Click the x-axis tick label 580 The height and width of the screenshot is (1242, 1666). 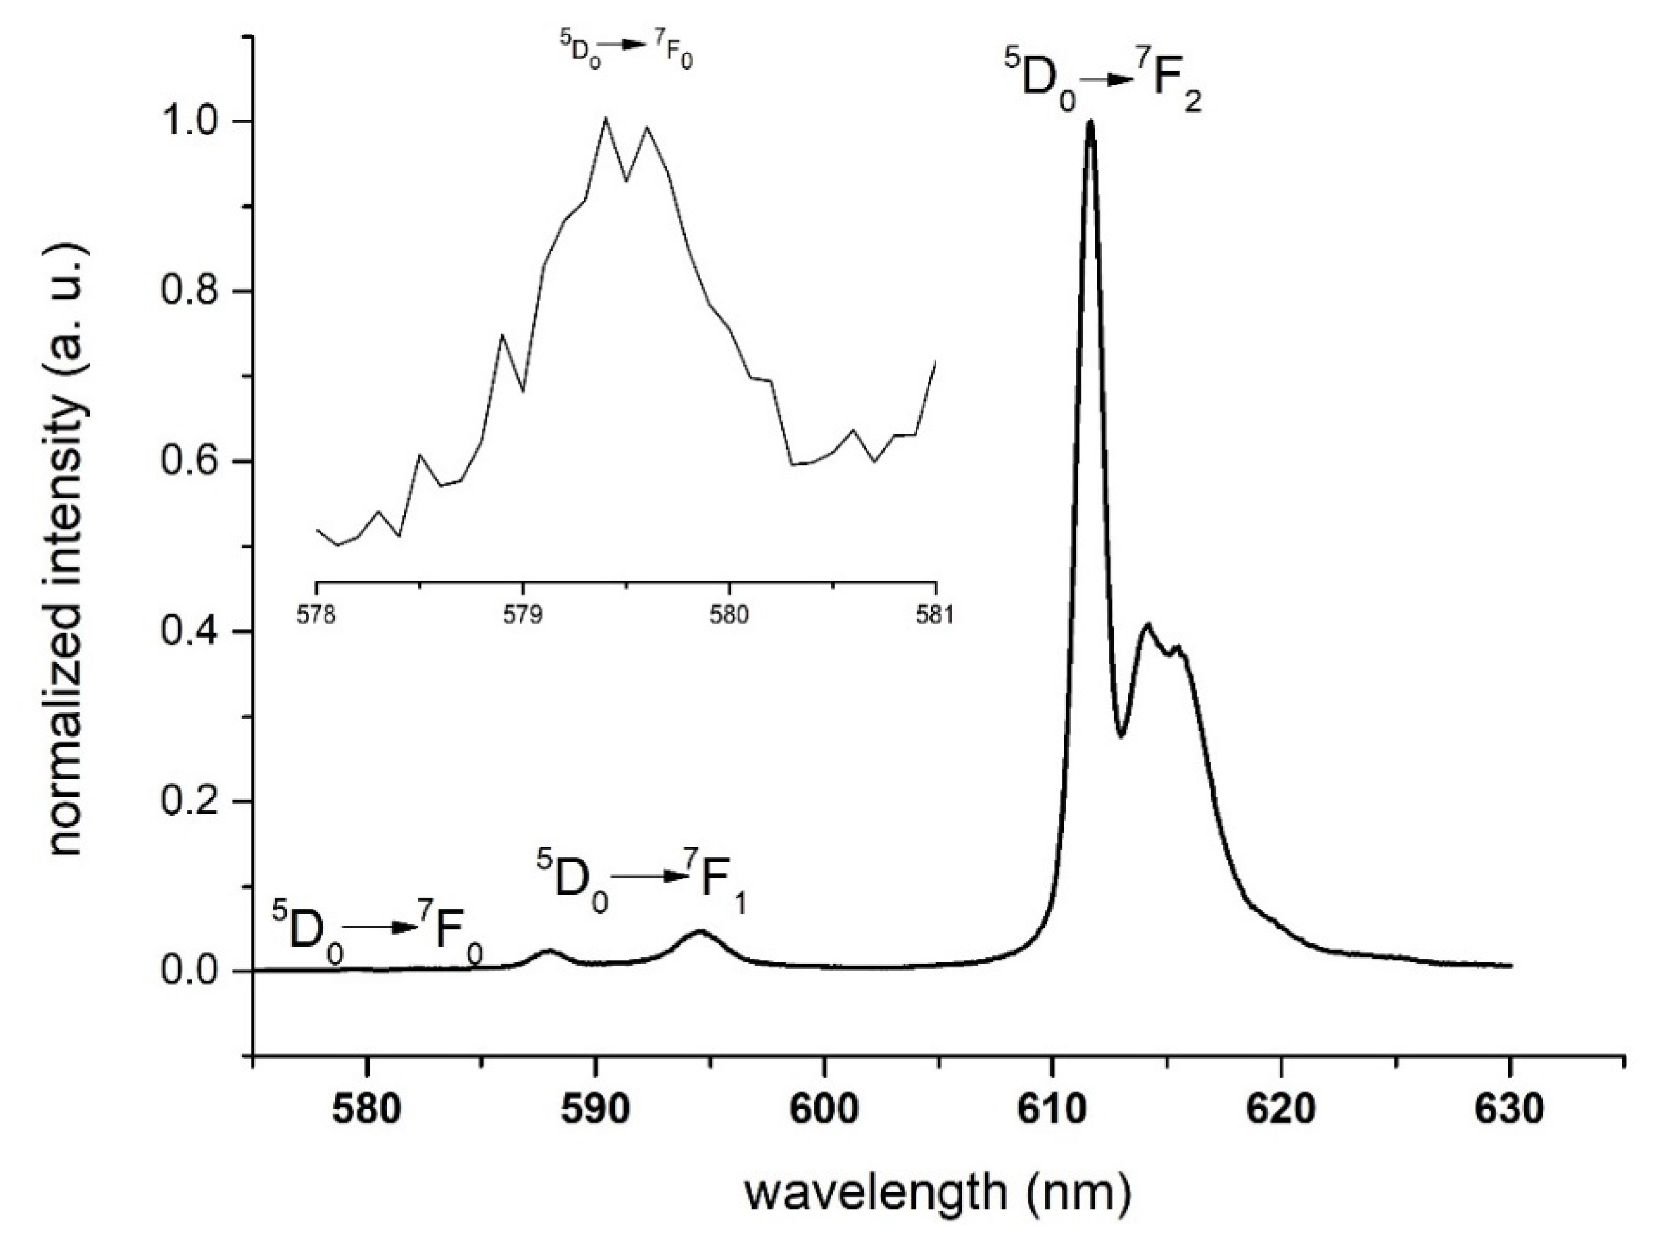[367, 1109]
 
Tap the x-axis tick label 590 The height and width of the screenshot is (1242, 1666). [595, 1109]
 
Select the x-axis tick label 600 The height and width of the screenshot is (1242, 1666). [824, 1109]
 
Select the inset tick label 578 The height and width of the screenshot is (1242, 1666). [316, 614]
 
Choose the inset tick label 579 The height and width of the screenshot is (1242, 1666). [523, 614]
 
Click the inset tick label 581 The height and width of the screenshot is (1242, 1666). [935, 614]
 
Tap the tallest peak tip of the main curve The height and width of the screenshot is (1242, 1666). [1090, 123]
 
